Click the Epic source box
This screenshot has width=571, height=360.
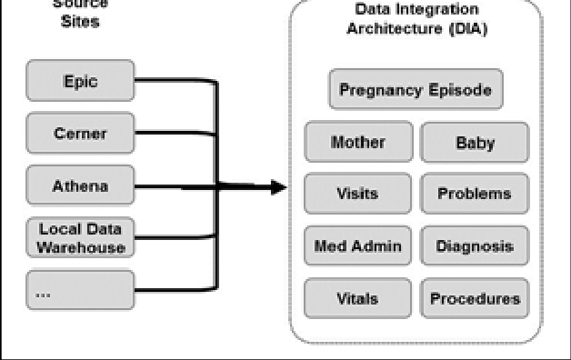tap(81, 81)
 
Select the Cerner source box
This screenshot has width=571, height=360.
tap(81, 134)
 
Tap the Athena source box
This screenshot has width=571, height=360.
tap(81, 186)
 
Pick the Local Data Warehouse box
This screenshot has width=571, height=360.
tap(81, 238)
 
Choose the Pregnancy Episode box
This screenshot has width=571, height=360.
tap(416, 90)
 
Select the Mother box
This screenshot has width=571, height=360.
tap(358, 143)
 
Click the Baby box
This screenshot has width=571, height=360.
tap(475, 143)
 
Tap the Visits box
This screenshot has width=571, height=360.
tap(358, 194)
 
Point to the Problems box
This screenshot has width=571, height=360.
tap(475, 194)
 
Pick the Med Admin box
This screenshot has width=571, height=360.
tap(358, 245)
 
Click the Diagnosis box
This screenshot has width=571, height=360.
tap(475, 245)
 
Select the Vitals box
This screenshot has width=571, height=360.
tap(358, 298)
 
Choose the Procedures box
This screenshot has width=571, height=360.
tap(475, 298)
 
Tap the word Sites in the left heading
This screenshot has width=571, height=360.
tap(81, 21)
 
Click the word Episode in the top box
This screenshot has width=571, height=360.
tap(461, 90)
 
